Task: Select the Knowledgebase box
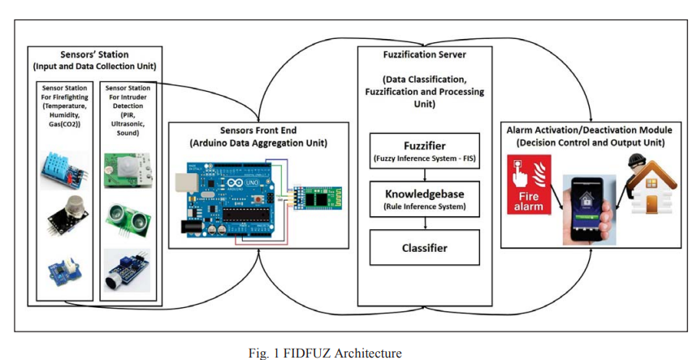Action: coord(425,198)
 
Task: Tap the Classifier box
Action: coord(425,247)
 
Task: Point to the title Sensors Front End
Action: coord(258,130)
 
